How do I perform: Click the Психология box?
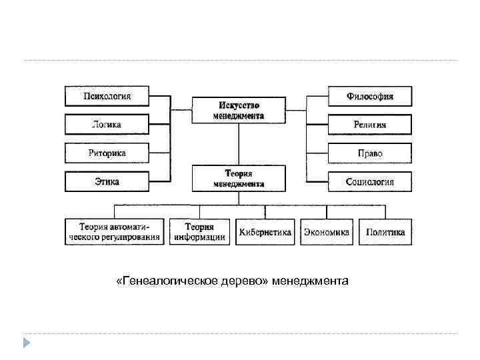click(107, 96)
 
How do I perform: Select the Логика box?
click(107, 124)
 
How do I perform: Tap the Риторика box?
click(107, 153)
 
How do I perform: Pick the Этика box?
click(107, 181)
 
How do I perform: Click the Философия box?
click(369, 96)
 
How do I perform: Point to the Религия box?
click(369, 124)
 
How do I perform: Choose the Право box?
click(369, 153)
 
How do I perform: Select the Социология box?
click(369, 181)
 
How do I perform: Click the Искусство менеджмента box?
click(239, 111)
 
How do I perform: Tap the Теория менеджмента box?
click(239, 178)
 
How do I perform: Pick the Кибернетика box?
click(265, 231)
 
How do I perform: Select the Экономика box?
click(327, 231)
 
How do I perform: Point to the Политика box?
click(385, 231)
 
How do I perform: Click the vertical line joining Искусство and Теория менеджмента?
click(239, 144)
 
